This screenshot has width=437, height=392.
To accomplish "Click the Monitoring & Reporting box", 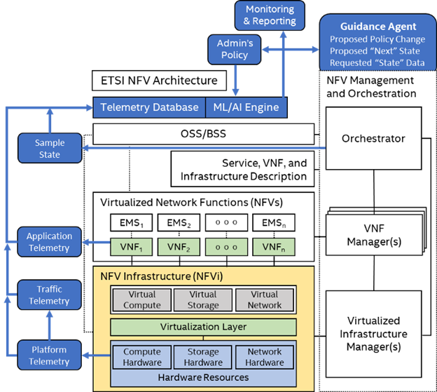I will pos(270,15).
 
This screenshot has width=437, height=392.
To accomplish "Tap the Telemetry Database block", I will pos(149,107).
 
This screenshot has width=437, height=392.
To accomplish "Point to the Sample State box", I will pos(50,149).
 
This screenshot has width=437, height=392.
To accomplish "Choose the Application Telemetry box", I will pos(49,242).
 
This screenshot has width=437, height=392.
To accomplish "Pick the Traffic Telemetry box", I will pos(49,295).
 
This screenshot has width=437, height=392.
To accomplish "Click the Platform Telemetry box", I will pos(49,356).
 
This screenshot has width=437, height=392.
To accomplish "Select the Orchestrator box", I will pos(373,139).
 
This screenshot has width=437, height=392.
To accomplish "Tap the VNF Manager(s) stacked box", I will pos(373,234).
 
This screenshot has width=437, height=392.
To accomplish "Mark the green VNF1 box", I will pos(132,247).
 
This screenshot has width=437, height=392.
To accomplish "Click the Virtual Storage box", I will pos(202,299).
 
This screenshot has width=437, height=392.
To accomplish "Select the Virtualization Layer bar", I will pos(202,327).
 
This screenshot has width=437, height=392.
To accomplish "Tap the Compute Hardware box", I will pos(142,357).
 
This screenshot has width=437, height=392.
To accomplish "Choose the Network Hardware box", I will pos(265,357).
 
